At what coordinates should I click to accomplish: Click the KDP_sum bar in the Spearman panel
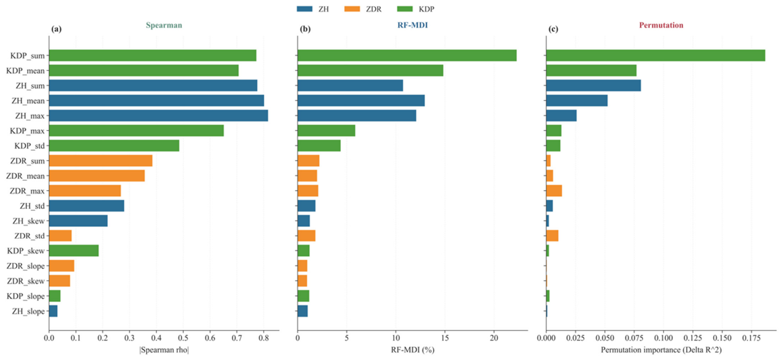point(152,56)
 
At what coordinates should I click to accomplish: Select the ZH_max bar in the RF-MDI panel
point(357,116)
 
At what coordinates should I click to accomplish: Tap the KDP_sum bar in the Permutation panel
point(655,56)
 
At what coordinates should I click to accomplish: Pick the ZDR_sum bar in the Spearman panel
point(101,161)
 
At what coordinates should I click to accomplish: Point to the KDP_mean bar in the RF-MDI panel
point(370,71)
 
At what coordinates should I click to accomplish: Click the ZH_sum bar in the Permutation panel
point(593,86)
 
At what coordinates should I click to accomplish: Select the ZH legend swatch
point(305,9)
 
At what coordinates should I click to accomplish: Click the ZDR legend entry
point(363,9)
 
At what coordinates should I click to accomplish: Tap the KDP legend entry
point(416,9)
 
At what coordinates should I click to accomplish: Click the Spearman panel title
point(164,25)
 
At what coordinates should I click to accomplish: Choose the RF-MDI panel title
point(413,25)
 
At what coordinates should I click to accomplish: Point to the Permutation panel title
point(661,25)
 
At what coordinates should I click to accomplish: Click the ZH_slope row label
point(28,311)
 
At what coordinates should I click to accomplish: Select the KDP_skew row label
point(26,251)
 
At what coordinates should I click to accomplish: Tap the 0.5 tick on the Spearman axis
point(183,338)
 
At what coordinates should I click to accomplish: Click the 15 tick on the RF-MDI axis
point(445,338)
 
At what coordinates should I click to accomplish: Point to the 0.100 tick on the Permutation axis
point(663,338)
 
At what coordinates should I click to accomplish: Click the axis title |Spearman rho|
point(164,350)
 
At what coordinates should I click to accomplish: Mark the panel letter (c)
point(553,29)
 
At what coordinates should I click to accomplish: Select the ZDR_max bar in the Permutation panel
point(554,191)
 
